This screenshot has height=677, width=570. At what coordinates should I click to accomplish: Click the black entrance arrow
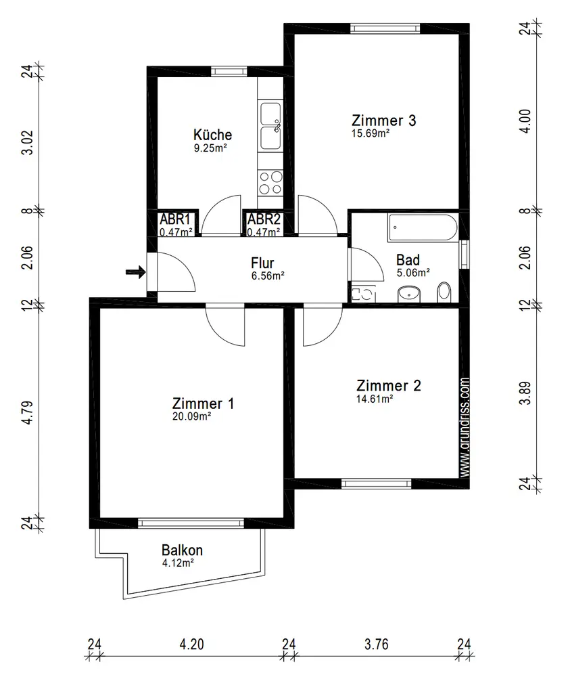point(135,272)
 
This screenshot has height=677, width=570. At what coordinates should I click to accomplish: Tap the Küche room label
point(212,135)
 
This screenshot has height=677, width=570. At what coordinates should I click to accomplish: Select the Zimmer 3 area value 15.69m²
point(371,133)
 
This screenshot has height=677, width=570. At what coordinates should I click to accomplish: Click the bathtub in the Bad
point(422,227)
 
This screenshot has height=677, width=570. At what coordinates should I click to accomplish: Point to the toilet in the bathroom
point(444,292)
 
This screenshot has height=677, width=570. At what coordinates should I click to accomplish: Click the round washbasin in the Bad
point(409,294)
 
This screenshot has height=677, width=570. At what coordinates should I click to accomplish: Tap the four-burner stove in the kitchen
point(270,183)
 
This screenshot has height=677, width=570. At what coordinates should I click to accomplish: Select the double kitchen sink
point(270,126)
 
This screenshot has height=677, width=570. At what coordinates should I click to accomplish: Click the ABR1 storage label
point(175,219)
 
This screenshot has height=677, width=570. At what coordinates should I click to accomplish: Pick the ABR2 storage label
point(264,219)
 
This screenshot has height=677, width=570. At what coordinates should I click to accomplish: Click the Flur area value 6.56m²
point(268,276)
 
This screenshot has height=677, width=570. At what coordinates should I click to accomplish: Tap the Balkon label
point(182,550)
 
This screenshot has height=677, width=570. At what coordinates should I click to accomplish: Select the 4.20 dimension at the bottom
point(191,645)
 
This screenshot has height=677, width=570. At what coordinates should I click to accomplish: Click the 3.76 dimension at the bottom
point(377,645)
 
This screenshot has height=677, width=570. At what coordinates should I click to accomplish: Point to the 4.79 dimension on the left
point(27,413)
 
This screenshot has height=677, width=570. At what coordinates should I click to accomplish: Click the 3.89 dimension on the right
point(525,393)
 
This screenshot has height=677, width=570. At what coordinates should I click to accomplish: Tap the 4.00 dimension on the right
point(525,121)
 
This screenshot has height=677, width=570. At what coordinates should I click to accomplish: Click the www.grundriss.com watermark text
point(465,427)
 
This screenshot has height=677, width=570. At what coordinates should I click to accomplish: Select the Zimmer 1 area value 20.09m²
point(191,416)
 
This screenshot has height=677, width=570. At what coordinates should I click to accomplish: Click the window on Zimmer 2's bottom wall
point(377,483)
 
